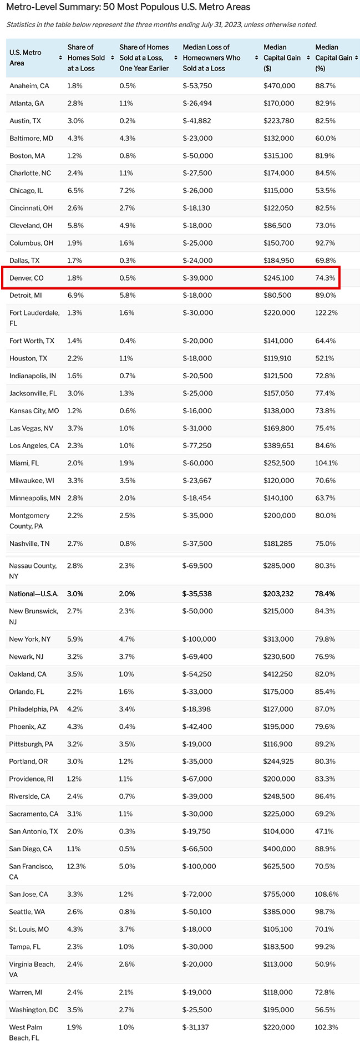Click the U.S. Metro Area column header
(x=25, y=58)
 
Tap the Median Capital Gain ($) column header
(x=282, y=58)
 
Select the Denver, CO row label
(x=27, y=278)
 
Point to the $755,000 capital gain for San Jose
(x=279, y=894)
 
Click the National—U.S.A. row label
(x=34, y=593)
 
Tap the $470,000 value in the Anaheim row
(x=279, y=86)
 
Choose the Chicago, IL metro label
(x=26, y=191)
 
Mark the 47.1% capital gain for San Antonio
(x=324, y=831)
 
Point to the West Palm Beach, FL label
(x=26, y=1033)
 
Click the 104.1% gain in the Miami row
(x=326, y=463)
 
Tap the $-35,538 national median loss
(x=197, y=593)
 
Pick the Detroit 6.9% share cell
(x=75, y=296)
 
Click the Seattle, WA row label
(x=27, y=912)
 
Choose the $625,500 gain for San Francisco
(x=279, y=866)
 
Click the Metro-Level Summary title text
(x=128, y=7)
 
